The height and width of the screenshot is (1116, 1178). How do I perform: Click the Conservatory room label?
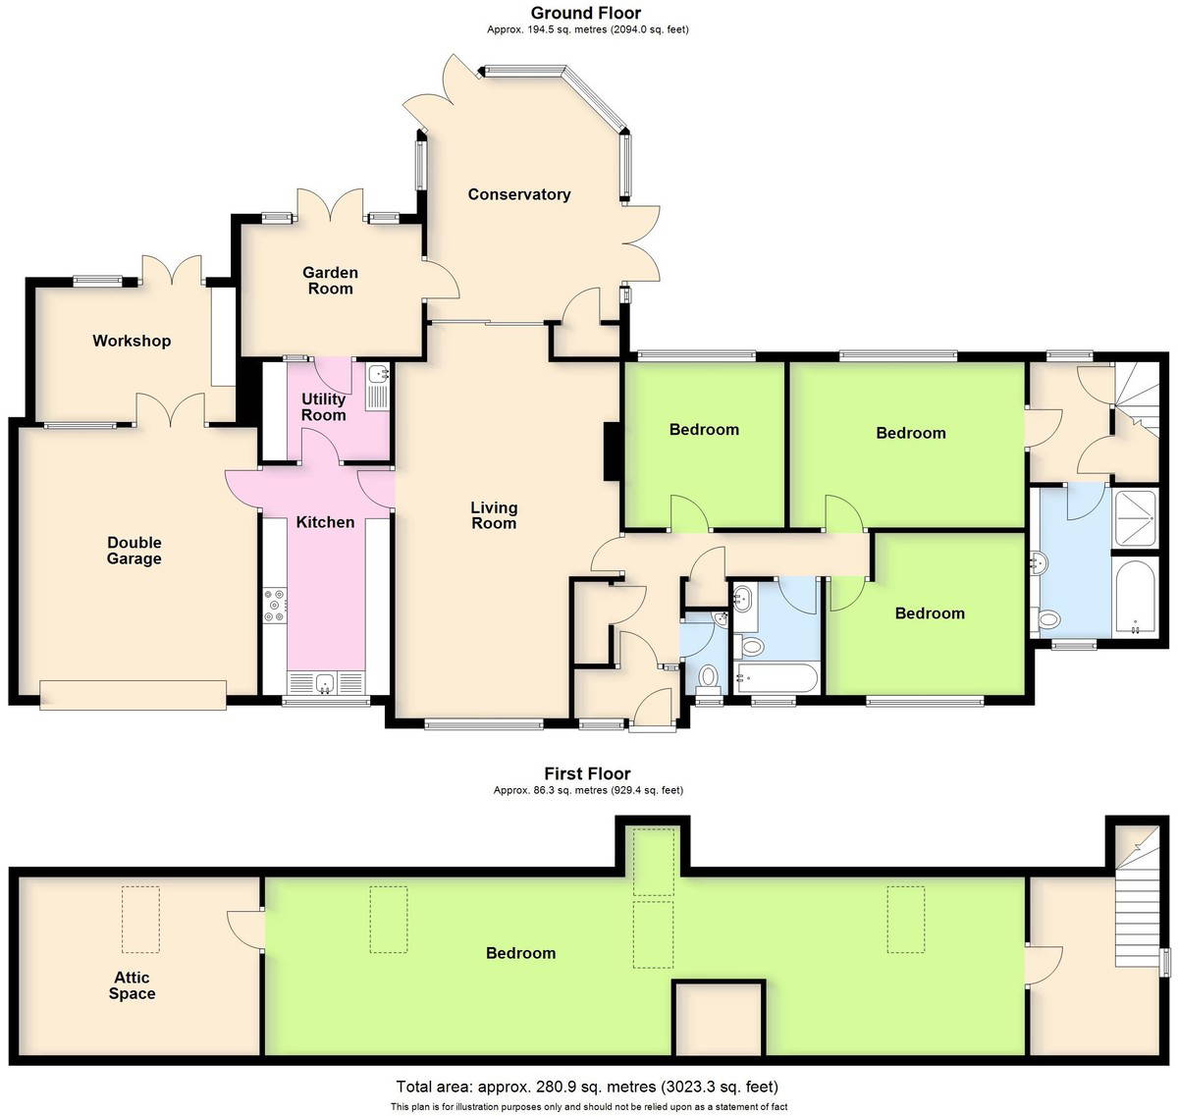tap(519, 194)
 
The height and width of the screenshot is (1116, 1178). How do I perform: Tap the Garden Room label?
tap(330, 281)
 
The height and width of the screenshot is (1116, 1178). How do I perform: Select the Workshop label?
tap(132, 341)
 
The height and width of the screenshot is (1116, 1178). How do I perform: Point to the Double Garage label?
tap(134, 551)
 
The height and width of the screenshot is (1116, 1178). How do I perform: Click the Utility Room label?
tap(324, 407)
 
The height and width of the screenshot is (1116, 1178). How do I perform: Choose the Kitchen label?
tap(325, 522)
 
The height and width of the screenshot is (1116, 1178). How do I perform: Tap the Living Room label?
tap(494, 515)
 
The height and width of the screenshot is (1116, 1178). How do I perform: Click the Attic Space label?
tap(132, 985)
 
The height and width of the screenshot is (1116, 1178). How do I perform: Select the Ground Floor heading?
tap(585, 13)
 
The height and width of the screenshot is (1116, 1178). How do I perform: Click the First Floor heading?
tap(587, 773)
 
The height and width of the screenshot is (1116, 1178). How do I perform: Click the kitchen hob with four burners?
tap(275, 606)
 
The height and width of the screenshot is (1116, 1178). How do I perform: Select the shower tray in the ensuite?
tap(1135, 518)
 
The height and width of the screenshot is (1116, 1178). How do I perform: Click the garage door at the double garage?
tap(134, 695)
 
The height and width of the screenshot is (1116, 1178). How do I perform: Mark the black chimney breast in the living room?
tap(612, 452)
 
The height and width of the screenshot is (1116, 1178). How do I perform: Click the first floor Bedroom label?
tap(520, 953)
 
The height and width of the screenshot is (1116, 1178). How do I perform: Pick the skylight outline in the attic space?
tap(140, 920)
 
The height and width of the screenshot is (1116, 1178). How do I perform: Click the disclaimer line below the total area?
tap(589, 1106)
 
